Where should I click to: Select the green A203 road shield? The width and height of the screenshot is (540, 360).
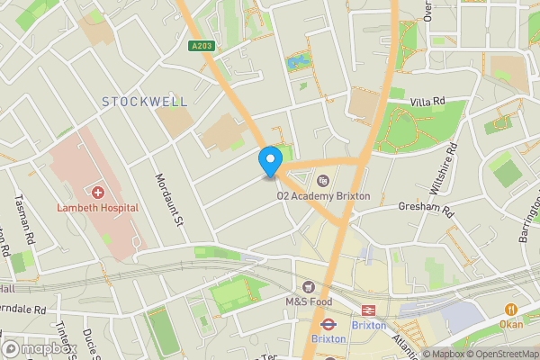[x=202, y=47]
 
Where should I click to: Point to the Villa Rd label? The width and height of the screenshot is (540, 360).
[x=427, y=103]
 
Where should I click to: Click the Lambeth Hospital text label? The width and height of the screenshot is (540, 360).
[x=97, y=208]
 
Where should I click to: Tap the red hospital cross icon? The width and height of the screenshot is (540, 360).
[x=97, y=193]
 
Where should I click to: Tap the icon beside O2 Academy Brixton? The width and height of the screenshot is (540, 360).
[x=323, y=181]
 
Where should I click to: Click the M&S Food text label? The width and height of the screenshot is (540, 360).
[x=309, y=301]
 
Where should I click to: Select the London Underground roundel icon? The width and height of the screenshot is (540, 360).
[x=328, y=324]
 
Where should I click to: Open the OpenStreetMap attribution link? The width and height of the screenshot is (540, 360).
[x=498, y=354]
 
